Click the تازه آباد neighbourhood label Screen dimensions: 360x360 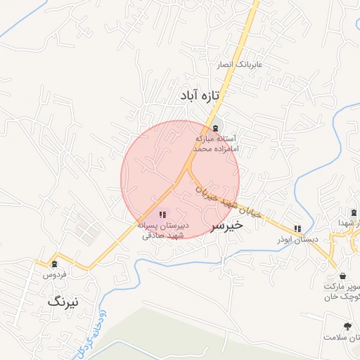[x=200, y=94]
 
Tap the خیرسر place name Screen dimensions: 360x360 [x=226, y=225]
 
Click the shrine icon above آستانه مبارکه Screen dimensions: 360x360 [x=214, y=128]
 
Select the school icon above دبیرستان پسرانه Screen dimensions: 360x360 [x=162, y=214]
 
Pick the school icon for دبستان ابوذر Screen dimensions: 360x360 [x=297, y=228]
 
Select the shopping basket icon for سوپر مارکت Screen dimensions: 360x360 [x=342, y=276]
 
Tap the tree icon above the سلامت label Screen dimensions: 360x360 [x=347, y=326]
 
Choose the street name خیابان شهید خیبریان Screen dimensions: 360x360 [x=228, y=200]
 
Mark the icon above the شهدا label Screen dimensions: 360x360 [x=353, y=212]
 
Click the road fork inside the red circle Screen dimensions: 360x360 [x=188, y=169]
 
